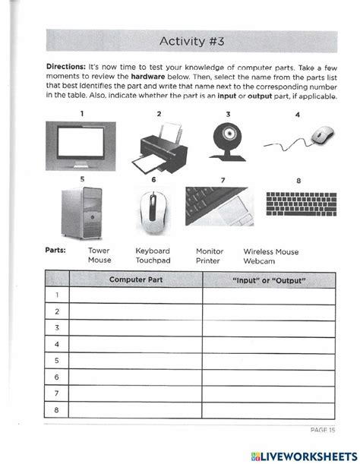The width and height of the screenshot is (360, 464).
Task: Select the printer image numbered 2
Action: (x=161, y=147)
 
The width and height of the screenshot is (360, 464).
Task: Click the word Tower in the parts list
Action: (x=99, y=251)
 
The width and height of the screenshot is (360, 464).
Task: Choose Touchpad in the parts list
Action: (x=153, y=260)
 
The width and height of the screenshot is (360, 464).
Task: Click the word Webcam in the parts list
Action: (x=260, y=260)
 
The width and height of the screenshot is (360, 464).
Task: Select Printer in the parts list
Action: (x=208, y=260)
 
